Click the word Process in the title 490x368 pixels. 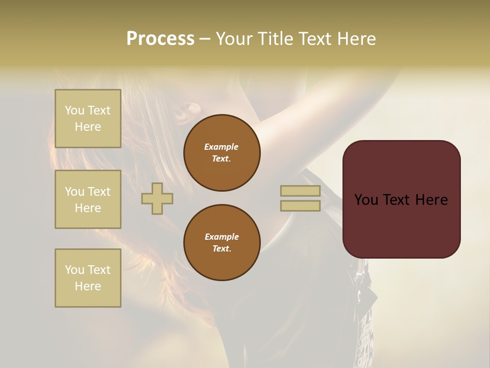tap(160, 39)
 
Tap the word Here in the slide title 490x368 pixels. tap(355, 39)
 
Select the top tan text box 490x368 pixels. tap(88, 119)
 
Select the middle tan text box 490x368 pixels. tap(88, 199)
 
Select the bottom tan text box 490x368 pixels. tap(88, 278)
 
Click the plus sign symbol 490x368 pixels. tap(157, 198)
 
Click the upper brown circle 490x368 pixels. tap(222, 153)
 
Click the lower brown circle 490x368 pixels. tap(222, 243)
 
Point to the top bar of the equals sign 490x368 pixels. tap(301, 191)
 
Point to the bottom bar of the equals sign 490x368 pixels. tap(301, 206)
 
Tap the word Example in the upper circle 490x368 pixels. tap(222, 147)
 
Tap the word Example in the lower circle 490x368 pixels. tap(222, 237)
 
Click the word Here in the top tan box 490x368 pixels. tap(88, 127)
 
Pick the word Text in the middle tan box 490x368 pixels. tap(99, 191)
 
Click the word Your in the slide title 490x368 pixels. tap(235, 39)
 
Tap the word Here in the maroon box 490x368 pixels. tap(432, 200)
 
